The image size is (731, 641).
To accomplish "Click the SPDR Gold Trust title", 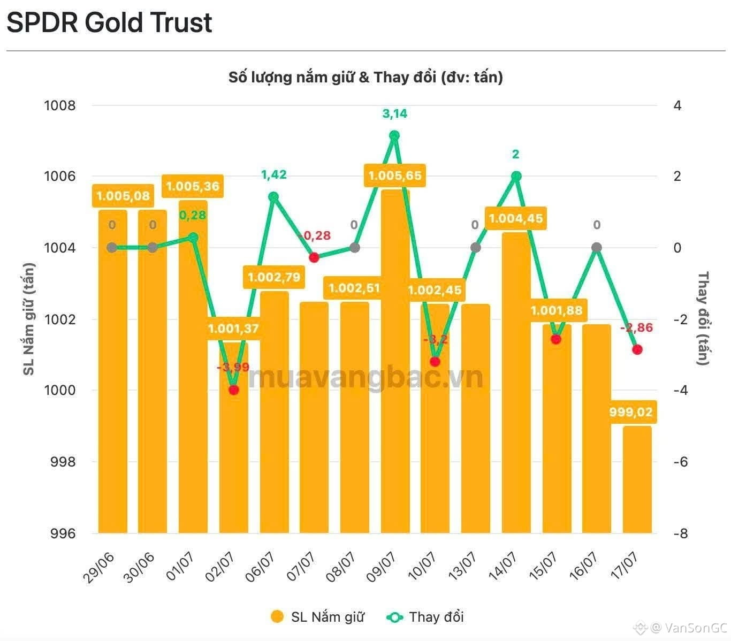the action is pyautogui.click(x=109, y=22).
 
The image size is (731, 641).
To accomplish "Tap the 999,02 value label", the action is pyautogui.click(x=631, y=411).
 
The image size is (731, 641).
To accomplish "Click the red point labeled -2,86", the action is pyautogui.click(x=637, y=349).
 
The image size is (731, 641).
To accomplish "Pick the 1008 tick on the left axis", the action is pyautogui.click(x=59, y=106).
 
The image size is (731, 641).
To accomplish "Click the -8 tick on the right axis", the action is pyautogui.click(x=680, y=533).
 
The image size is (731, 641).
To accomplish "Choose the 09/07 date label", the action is pyautogui.click(x=380, y=567).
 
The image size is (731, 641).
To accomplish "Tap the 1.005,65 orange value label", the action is pyautogui.click(x=394, y=175).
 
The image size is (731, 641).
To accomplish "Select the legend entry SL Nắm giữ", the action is pyautogui.click(x=317, y=616).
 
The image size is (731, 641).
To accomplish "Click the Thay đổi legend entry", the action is pyautogui.click(x=425, y=616).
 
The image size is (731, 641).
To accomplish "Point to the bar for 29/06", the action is pyautogui.click(x=112, y=371).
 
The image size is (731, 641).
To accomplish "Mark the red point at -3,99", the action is pyautogui.click(x=233, y=390).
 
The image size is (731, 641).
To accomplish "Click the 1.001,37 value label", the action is pyautogui.click(x=233, y=328).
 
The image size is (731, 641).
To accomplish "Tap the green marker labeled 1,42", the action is pyautogui.click(x=273, y=196).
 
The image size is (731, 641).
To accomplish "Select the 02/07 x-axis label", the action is pyautogui.click(x=219, y=567).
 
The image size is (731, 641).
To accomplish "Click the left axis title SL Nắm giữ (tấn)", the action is pyautogui.click(x=28, y=319).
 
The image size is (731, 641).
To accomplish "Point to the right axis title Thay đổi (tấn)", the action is pyautogui.click(x=703, y=318).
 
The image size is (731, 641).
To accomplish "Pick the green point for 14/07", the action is pyautogui.click(x=516, y=176).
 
